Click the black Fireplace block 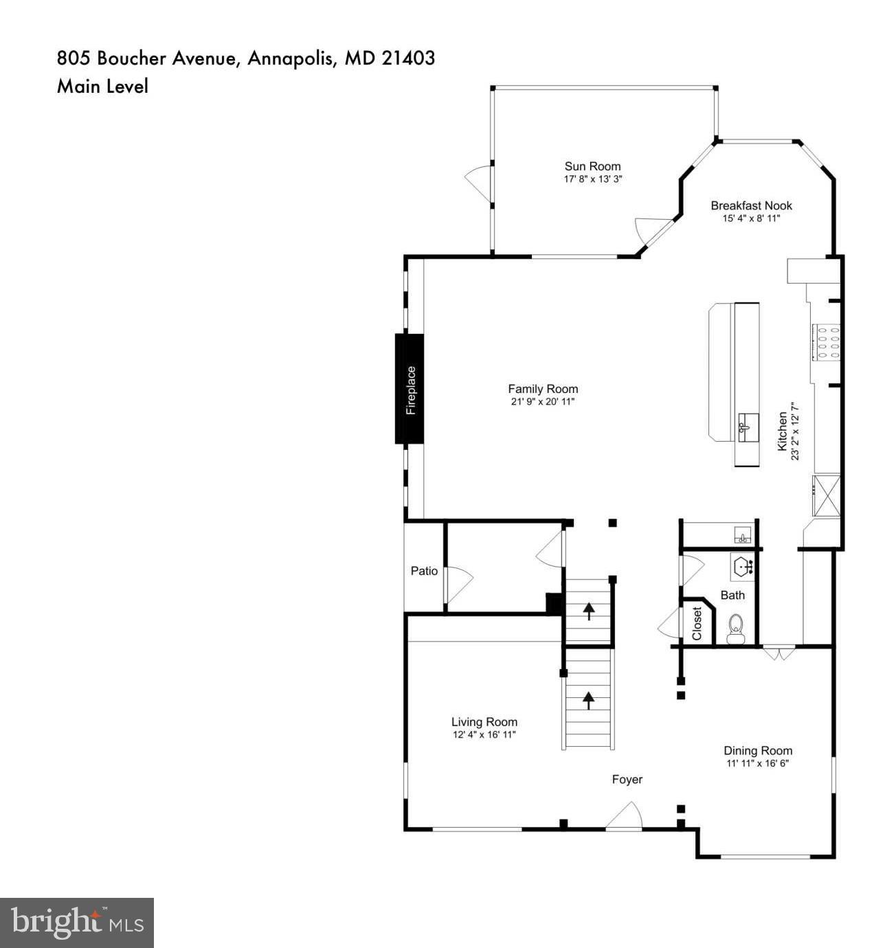410,389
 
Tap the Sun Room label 592,166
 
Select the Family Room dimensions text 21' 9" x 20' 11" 543,402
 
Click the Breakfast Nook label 751,205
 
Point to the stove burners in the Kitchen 827,341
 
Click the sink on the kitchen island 748,427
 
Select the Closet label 697,623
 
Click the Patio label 424,571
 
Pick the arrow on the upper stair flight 589,609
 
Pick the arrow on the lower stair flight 589,699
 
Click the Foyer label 627,779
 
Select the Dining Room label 758,751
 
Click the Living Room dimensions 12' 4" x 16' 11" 484,734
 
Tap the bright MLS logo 77,923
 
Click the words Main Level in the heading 102,87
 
